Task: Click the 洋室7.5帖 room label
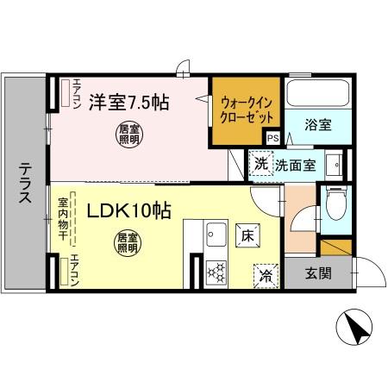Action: pyautogui.click(x=130, y=102)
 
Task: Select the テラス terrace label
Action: pyautogui.click(x=25, y=184)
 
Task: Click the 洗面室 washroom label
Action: pyautogui.click(x=296, y=164)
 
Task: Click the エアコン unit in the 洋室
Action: pyautogui.click(x=64, y=93)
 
